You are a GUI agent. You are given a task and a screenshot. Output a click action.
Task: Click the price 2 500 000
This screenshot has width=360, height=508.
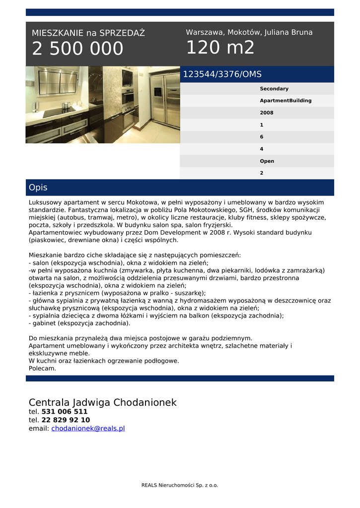tap(77, 49)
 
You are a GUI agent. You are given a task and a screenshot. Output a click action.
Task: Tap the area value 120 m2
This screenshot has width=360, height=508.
tap(220, 48)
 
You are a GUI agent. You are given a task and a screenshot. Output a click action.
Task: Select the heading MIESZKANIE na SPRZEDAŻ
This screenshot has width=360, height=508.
tap(88, 33)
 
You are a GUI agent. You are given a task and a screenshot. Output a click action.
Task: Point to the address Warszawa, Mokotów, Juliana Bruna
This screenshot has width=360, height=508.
tap(249, 32)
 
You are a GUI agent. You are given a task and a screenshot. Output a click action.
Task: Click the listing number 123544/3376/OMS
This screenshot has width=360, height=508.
tap(222, 74)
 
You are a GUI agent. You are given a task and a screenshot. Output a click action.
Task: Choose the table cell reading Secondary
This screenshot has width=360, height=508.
tap(274, 89)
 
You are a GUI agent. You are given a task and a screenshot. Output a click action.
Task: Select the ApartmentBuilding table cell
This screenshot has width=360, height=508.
tap(286, 101)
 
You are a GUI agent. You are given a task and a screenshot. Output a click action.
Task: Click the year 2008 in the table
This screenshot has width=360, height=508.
tap(266, 113)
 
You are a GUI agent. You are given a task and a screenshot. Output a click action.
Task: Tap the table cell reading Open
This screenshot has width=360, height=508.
tap(267, 161)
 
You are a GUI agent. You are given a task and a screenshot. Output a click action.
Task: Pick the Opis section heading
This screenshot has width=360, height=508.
tap(38, 188)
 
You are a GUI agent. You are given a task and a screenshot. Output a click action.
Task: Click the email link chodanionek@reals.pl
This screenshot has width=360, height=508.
tap(88, 428)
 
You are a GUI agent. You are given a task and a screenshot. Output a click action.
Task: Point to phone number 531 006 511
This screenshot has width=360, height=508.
tap(64, 411)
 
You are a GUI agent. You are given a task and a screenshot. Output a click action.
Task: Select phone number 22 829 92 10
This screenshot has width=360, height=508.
tap(66, 420)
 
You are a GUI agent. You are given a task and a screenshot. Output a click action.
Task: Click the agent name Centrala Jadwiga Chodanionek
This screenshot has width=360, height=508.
tap(102, 402)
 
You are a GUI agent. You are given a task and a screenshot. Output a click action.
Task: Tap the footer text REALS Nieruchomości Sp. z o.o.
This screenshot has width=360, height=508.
tap(179, 485)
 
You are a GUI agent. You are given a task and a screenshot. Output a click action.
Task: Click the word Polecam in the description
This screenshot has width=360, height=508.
tap(42, 369)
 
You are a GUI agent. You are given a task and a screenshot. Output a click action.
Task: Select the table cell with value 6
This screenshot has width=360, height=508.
tap(262, 137)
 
